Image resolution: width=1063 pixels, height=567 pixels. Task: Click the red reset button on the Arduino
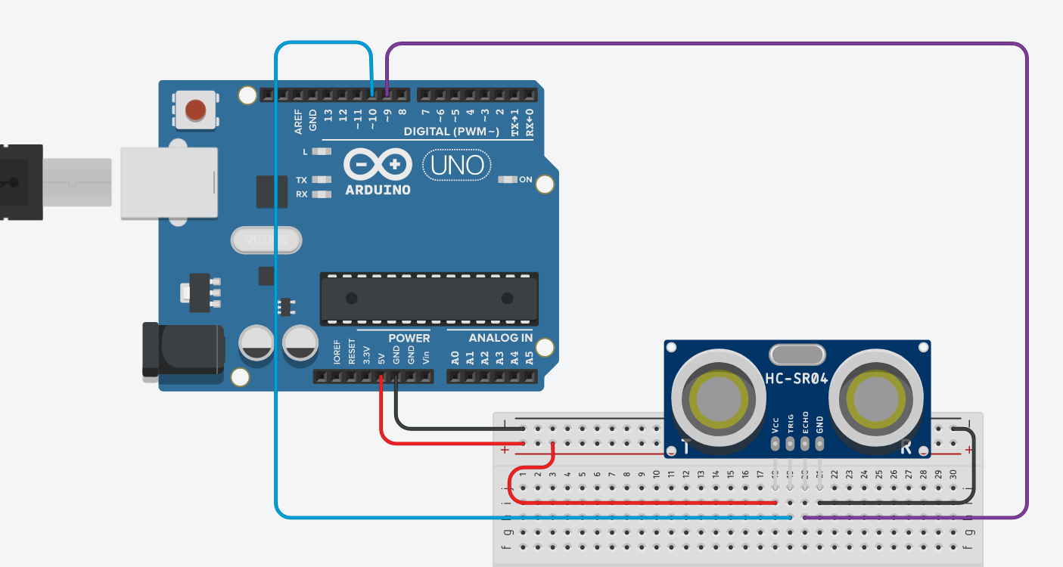click(195, 110)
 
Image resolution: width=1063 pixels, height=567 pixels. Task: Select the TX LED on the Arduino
click(322, 180)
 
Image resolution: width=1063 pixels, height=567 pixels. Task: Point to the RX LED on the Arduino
click(322, 194)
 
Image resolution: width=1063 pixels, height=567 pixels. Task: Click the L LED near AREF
click(322, 151)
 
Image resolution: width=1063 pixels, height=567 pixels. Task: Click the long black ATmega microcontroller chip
click(429, 297)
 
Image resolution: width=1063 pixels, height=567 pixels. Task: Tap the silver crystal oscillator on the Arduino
click(266, 240)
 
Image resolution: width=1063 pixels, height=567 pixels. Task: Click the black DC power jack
click(184, 349)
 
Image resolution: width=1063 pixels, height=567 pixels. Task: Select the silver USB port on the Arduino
click(169, 183)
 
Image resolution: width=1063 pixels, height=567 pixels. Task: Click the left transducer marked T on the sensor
click(716, 398)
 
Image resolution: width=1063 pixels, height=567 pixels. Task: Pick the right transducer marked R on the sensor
click(875, 398)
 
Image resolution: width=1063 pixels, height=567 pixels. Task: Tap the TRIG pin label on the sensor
click(791, 423)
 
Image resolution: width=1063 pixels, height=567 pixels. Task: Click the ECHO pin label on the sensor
click(805, 423)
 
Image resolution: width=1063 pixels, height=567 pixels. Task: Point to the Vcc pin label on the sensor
click(775, 424)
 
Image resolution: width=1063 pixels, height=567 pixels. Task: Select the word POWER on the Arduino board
click(409, 338)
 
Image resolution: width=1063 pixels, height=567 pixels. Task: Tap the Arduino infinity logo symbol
click(378, 164)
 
